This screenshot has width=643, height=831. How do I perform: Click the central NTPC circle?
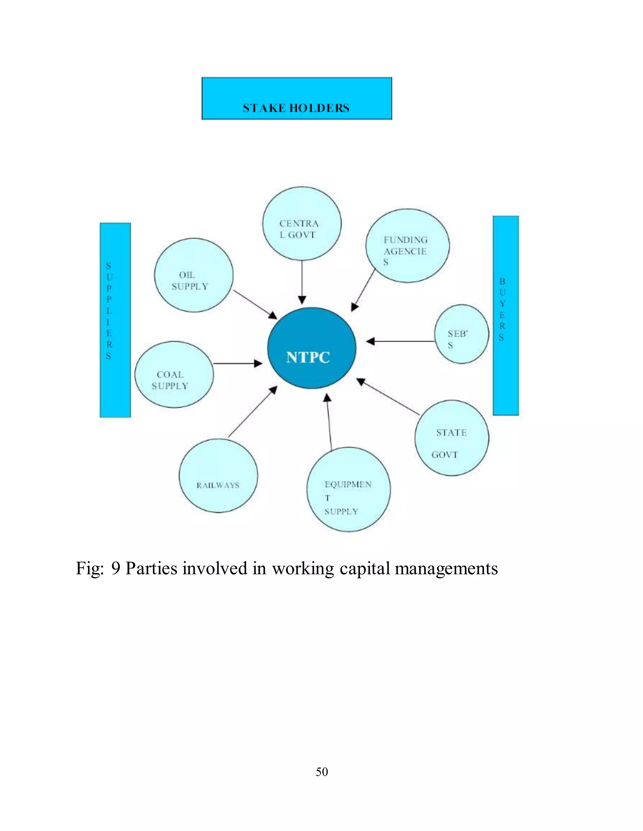click(x=311, y=348)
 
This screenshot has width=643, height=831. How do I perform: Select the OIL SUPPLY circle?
click(x=193, y=275)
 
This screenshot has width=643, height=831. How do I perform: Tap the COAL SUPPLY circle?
click(x=174, y=375)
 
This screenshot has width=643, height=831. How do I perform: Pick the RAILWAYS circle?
click(x=218, y=476)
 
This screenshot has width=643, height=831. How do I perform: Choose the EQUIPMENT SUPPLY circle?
click(x=349, y=489)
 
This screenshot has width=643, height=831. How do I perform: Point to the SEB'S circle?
click(x=462, y=334)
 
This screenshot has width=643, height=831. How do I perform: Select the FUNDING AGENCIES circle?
click(x=407, y=246)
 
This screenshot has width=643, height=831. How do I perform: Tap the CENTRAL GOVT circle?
click(x=302, y=224)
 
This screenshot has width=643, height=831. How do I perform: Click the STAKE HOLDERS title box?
click(x=297, y=98)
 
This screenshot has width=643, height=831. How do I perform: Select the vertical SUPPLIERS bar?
click(x=115, y=320)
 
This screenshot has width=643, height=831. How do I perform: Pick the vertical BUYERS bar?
click(x=505, y=315)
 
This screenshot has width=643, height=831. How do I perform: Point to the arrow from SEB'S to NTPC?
click(x=400, y=341)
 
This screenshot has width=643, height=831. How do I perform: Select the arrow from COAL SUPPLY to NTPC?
click(x=237, y=364)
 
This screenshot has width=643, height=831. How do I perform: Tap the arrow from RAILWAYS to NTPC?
click(x=252, y=412)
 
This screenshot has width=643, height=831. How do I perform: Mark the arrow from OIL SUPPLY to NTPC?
click(x=254, y=304)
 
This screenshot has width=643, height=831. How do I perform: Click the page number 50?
click(x=322, y=772)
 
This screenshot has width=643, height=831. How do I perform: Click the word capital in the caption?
click(x=365, y=569)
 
